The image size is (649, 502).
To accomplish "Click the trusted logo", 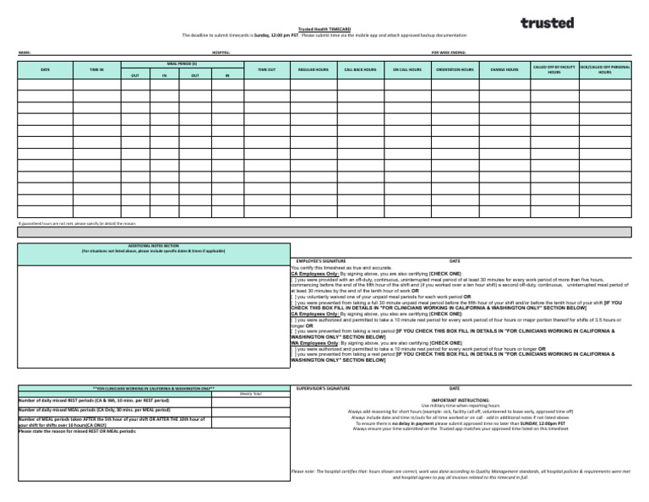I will pyautogui.click(x=547, y=23).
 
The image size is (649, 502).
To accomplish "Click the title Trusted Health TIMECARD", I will pyautogui.click(x=324, y=29).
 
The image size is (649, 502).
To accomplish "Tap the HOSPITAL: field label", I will pyautogui.click(x=221, y=52).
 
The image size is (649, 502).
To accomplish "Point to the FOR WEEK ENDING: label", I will pyautogui.click(x=448, y=52).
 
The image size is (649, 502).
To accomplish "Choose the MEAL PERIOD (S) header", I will pyautogui.click(x=182, y=63).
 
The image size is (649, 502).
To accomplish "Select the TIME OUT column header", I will pyautogui.click(x=266, y=69).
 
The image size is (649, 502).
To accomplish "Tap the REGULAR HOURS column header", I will pyautogui.click(x=314, y=69).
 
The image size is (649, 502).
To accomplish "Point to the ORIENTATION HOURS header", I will pyautogui.click(x=455, y=69).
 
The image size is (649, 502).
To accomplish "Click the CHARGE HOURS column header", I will pyautogui.click(x=504, y=69).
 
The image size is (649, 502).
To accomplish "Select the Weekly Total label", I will pyautogui.click(x=250, y=394).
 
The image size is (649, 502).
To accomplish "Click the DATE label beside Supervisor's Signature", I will pyautogui.click(x=455, y=387).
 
